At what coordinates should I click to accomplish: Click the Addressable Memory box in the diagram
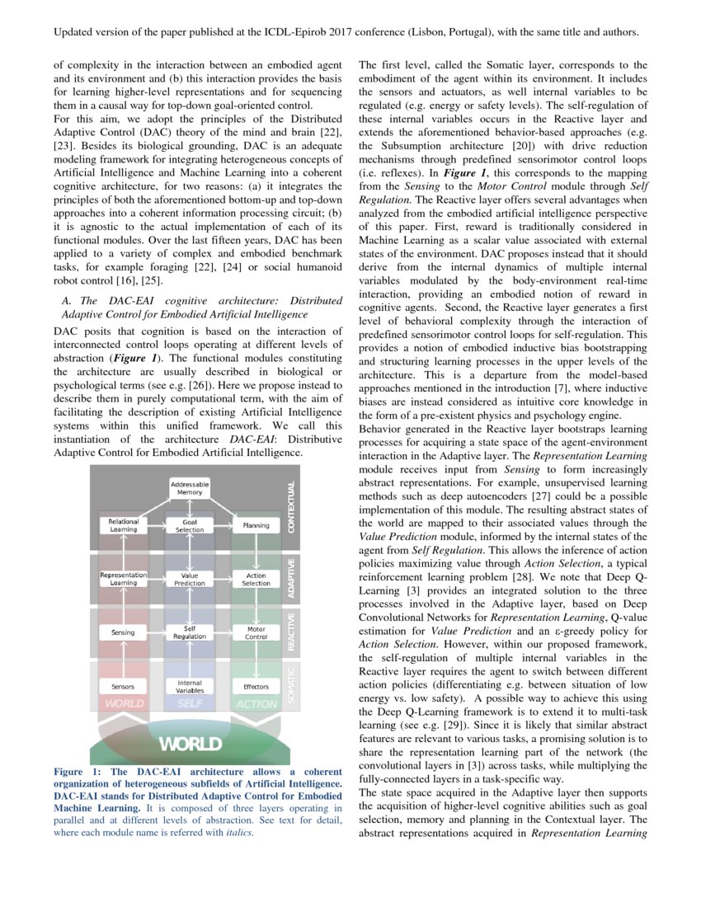click(x=190, y=488)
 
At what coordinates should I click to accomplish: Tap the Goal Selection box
click(x=190, y=525)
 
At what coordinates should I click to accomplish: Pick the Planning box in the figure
click(x=256, y=525)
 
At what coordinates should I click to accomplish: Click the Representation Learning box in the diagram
click(x=124, y=579)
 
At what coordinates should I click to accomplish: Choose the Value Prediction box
click(x=190, y=579)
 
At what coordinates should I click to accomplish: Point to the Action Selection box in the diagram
click(x=256, y=579)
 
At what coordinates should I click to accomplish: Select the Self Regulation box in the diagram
click(x=190, y=632)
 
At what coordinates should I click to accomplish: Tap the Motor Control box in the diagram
click(x=256, y=632)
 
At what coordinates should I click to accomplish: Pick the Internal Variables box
click(x=190, y=686)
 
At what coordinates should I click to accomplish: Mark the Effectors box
click(x=256, y=686)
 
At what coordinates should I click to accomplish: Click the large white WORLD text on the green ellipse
click(x=190, y=744)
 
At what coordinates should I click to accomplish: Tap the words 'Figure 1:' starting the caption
click(x=73, y=771)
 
